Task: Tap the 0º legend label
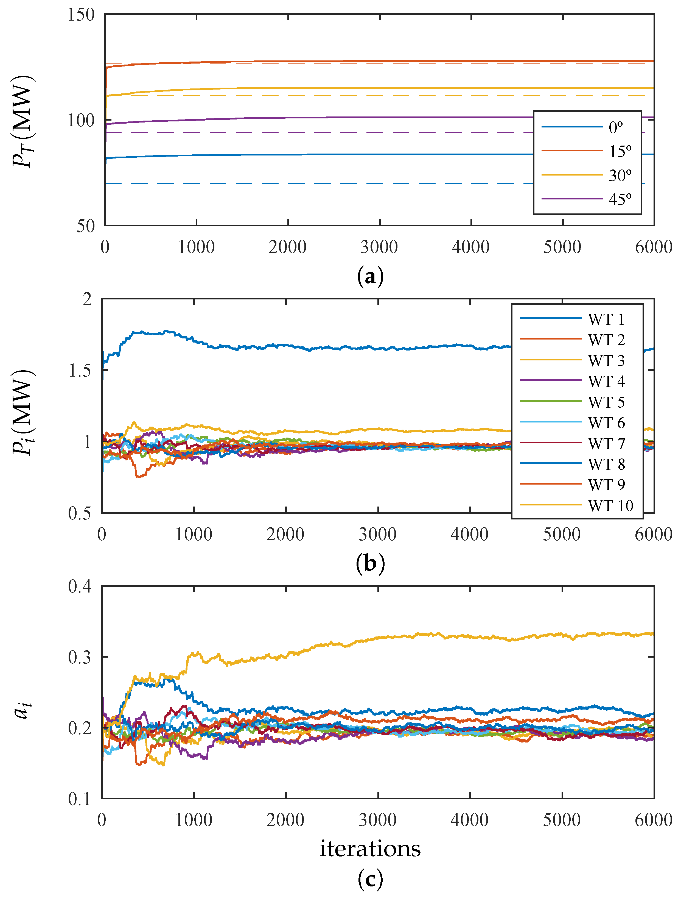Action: click(x=615, y=127)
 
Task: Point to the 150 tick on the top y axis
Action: click(x=82, y=15)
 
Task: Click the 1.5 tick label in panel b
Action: click(x=80, y=371)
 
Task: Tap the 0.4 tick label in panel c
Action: click(x=80, y=586)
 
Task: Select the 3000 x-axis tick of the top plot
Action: click(x=379, y=247)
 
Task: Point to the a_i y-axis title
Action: click(x=23, y=711)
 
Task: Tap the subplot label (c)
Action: click(x=370, y=880)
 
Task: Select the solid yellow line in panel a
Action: click(x=366, y=88)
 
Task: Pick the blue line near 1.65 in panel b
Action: click(x=366, y=348)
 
